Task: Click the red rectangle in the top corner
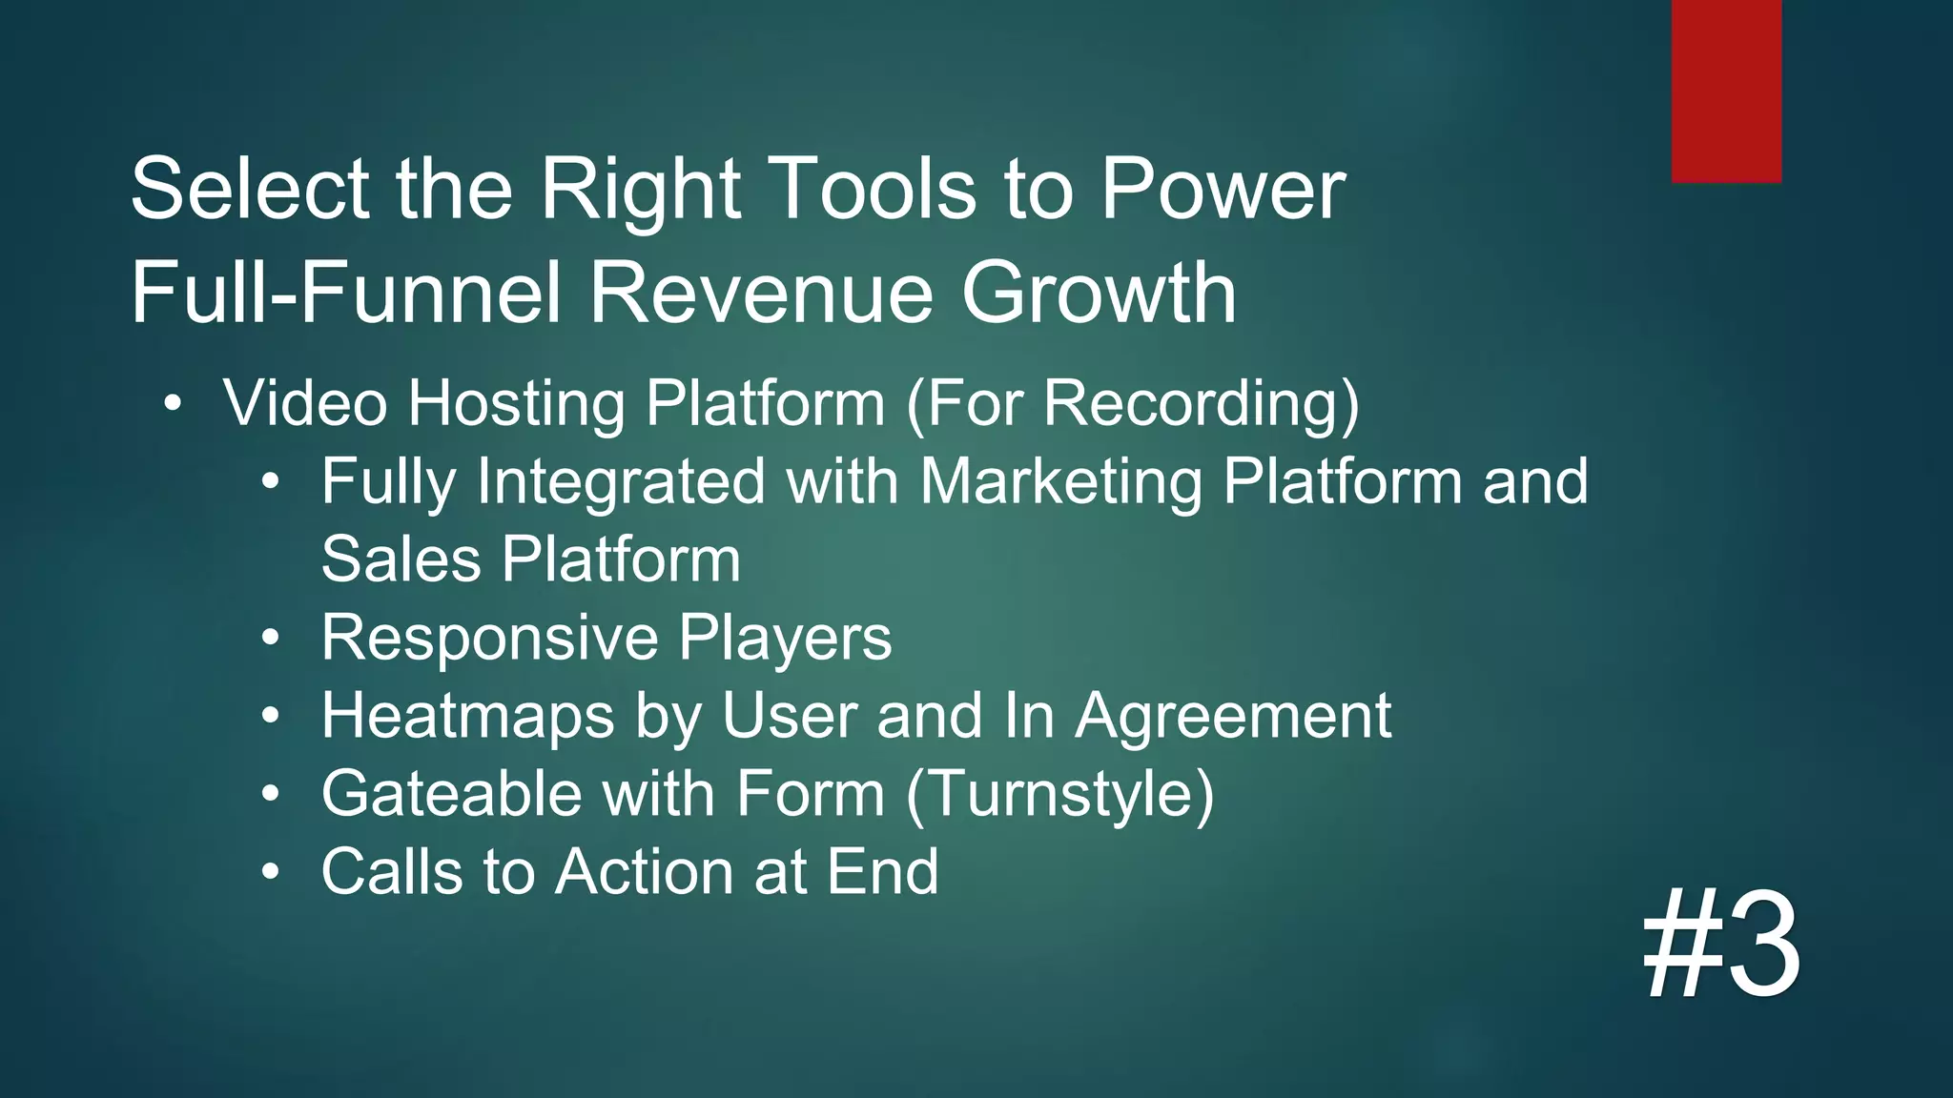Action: point(1726,91)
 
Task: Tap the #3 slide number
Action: point(1721,945)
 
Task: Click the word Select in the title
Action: point(250,189)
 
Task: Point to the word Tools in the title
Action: point(876,189)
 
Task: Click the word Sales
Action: point(401,559)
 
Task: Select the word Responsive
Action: point(489,639)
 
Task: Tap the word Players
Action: point(785,639)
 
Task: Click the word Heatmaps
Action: point(467,717)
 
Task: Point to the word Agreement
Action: point(1233,717)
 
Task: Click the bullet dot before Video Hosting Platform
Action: point(172,402)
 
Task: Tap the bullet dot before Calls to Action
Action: point(272,871)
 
